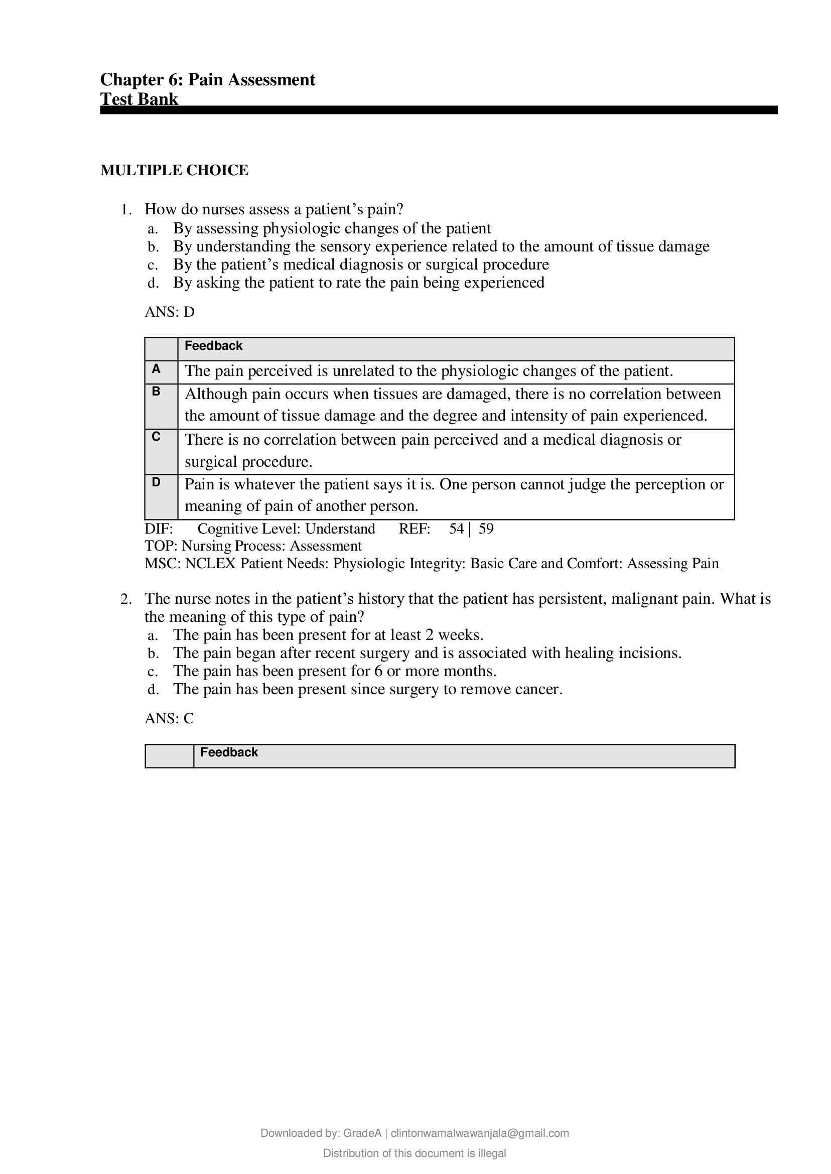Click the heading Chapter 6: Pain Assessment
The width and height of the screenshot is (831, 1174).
point(207,80)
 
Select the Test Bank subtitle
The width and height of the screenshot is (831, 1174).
point(139,99)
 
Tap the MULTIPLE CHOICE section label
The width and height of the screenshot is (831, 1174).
point(175,171)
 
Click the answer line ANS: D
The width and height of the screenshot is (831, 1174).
point(170,312)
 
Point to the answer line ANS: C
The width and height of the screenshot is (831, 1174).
point(169,719)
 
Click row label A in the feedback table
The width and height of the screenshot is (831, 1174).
point(156,369)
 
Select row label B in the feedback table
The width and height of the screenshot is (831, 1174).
point(156,392)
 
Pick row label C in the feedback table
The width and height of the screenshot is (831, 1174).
point(156,437)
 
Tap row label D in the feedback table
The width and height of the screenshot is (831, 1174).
point(156,481)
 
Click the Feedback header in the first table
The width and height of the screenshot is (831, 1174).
point(213,346)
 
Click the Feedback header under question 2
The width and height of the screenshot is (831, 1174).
point(229,752)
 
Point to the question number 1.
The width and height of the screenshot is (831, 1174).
point(126,209)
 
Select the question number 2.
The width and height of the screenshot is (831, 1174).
point(126,599)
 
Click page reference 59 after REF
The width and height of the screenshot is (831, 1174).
point(486,529)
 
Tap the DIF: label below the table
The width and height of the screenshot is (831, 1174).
point(159,529)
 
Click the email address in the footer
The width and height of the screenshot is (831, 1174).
point(479,1133)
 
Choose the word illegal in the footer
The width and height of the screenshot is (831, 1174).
point(492,1153)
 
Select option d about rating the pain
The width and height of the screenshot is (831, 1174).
point(358,283)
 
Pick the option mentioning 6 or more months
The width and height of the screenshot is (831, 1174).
point(335,671)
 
